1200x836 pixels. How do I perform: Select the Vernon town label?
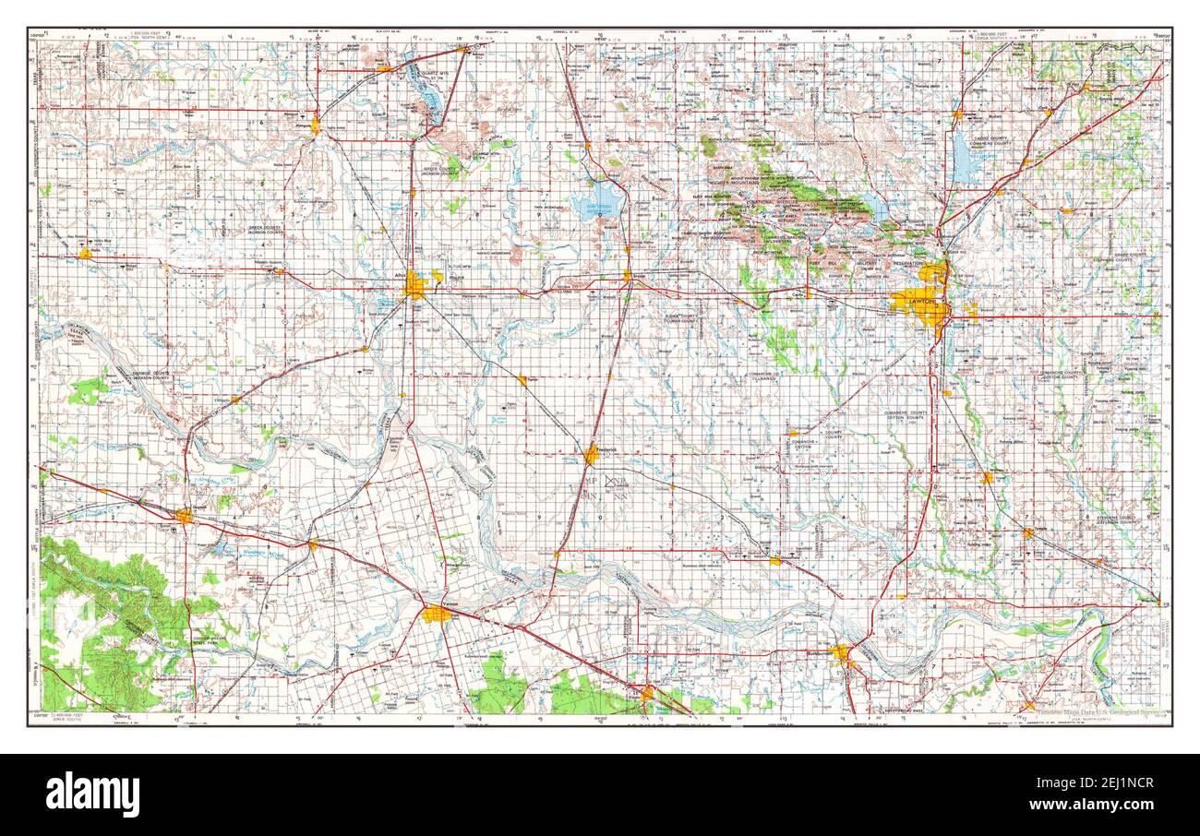tap(450, 603)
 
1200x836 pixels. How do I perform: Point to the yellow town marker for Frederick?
tap(592, 454)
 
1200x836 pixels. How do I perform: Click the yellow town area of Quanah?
tap(185, 516)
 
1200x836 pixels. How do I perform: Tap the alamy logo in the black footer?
tap(93, 794)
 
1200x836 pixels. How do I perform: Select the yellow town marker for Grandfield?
tap(775, 559)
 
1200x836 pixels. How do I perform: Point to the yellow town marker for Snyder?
tap(627, 275)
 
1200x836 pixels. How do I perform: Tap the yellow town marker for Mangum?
tap(316, 124)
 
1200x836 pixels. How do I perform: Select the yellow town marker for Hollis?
tap(85, 253)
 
